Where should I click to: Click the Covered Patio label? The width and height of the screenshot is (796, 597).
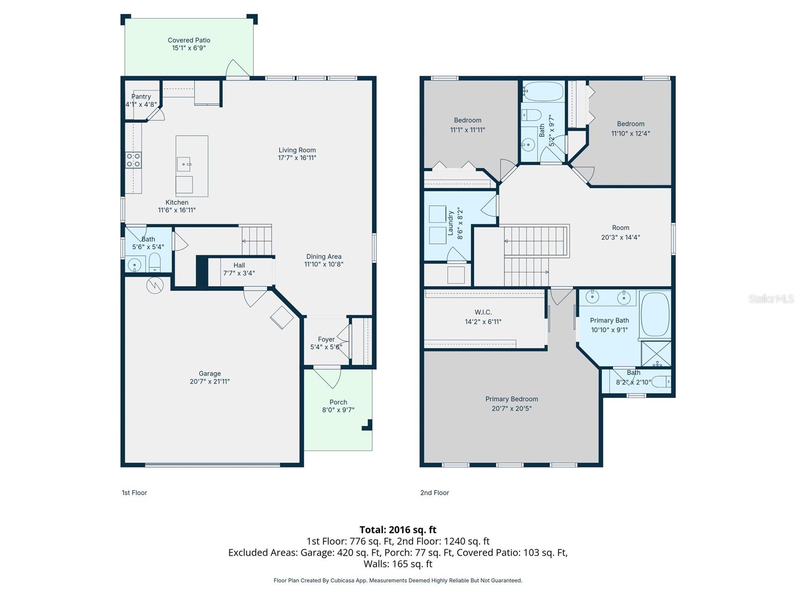point(189,40)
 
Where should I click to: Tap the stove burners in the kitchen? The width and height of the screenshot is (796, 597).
point(133,160)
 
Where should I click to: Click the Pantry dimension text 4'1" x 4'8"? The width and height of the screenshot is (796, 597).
point(141,104)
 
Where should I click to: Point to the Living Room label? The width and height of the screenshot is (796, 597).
point(297,150)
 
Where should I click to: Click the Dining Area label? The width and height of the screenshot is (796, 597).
point(324,257)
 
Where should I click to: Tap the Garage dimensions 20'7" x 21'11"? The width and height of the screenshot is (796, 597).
point(209,382)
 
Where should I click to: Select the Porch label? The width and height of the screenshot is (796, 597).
point(338,402)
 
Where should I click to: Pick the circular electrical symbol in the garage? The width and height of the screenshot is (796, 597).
point(155,285)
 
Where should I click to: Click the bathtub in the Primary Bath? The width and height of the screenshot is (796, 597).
point(655,315)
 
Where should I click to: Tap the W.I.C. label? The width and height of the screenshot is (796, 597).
point(483,312)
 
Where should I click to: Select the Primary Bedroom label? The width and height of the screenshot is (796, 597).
point(511,399)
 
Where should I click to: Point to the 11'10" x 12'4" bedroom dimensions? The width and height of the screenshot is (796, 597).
point(630,133)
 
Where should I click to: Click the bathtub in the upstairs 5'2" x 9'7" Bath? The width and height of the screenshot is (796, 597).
point(543,92)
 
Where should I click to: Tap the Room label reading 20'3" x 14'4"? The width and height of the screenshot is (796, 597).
point(620,228)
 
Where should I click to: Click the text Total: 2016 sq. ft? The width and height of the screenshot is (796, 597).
point(398,530)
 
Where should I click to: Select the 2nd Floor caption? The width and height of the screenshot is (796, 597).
point(434,493)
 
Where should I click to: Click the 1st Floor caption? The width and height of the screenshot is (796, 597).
point(134,493)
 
